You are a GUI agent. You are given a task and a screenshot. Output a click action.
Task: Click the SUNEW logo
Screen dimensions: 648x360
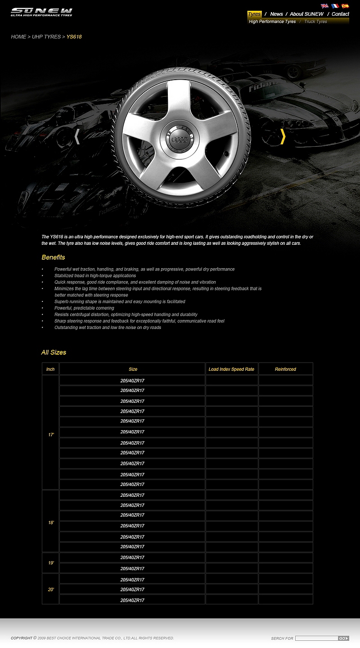click(41, 12)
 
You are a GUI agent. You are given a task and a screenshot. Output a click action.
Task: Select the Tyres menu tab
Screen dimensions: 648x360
click(254, 14)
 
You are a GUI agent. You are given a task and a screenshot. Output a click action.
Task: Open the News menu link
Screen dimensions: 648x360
click(276, 14)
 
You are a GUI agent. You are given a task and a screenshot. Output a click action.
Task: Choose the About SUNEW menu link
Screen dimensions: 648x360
click(306, 14)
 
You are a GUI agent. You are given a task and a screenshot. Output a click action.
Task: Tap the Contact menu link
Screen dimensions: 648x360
click(340, 14)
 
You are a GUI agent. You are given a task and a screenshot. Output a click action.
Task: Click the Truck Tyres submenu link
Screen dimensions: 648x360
click(315, 22)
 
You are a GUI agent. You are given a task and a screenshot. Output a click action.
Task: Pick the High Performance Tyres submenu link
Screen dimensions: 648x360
click(272, 22)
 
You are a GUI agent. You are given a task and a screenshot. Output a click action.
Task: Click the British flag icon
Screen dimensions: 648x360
click(324, 6)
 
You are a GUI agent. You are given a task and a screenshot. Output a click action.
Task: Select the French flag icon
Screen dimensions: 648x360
click(335, 6)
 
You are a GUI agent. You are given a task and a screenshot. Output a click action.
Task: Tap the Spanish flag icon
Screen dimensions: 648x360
click(345, 6)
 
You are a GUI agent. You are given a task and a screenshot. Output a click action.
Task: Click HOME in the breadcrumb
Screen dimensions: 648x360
click(18, 37)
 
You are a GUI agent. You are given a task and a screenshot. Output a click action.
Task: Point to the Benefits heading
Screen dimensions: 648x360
click(53, 257)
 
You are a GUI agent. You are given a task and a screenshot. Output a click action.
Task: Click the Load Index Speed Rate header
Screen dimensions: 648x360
click(231, 369)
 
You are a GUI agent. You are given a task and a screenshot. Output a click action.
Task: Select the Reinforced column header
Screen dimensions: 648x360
click(285, 369)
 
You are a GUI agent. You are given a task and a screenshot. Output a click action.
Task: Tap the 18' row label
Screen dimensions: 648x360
click(51, 522)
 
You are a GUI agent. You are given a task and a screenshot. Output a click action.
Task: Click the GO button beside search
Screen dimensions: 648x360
click(343, 638)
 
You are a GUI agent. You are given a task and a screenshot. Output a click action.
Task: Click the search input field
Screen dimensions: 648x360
click(316, 638)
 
